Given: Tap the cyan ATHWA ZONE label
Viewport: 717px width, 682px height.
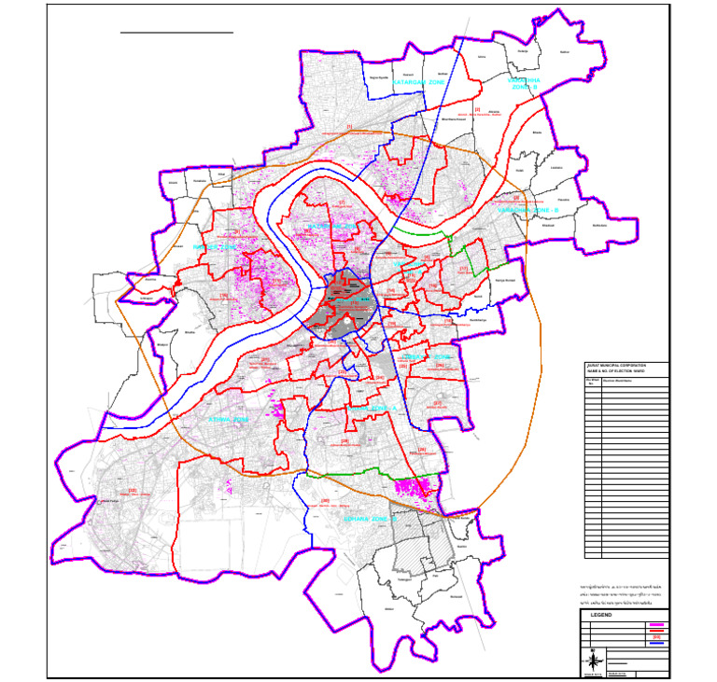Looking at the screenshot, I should click(x=229, y=421).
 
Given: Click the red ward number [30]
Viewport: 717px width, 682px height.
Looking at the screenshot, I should click(x=324, y=501).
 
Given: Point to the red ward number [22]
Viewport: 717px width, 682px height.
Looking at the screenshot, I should click(x=133, y=490).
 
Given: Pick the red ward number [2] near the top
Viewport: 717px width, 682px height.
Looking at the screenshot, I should click(x=476, y=110).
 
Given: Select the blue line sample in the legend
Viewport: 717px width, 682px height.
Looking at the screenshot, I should click(x=656, y=644).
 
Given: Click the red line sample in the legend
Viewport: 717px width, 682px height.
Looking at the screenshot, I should click(x=656, y=632).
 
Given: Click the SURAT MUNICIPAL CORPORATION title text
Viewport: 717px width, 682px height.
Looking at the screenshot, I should click(x=615, y=365).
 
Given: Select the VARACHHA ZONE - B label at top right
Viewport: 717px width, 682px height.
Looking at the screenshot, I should click(x=524, y=84).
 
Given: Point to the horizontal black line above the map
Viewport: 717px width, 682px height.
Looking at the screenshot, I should click(x=176, y=33).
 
